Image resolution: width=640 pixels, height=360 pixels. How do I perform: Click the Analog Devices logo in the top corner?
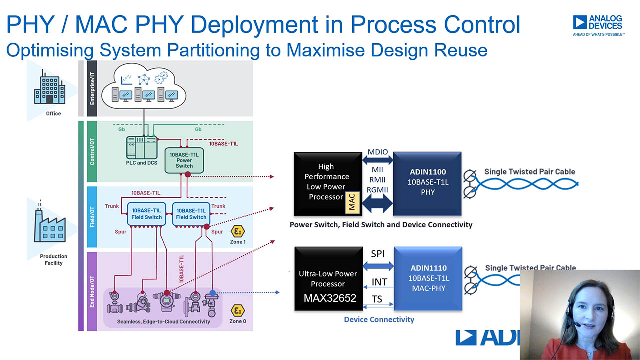(x=598, y=25)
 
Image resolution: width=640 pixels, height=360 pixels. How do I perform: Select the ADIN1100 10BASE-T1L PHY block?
(x=427, y=183)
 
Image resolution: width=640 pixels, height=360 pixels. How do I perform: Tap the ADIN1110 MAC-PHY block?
(x=428, y=278)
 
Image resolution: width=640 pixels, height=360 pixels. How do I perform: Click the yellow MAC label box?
(x=352, y=202)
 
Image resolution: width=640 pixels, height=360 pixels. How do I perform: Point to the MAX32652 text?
(x=330, y=298)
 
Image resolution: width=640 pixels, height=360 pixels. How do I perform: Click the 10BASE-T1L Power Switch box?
(x=184, y=160)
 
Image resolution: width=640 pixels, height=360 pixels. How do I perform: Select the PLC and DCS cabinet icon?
(x=142, y=147)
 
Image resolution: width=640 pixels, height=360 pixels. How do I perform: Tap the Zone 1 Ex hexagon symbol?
(x=237, y=231)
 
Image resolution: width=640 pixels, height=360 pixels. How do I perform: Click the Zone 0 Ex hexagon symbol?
(x=237, y=310)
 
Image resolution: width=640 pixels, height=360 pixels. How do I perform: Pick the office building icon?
(x=50, y=87)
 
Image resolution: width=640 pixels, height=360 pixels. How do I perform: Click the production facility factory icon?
(x=50, y=225)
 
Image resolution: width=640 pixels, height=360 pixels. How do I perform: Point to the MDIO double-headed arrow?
(x=377, y=160)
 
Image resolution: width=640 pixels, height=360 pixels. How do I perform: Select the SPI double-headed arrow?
(x=378, y=266)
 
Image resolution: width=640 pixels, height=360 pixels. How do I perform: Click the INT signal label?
(x=379, y=282)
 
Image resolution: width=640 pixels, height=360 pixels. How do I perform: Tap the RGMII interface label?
(x=377, y=190)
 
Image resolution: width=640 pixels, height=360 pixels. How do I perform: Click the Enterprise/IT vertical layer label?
(x=92, y=88)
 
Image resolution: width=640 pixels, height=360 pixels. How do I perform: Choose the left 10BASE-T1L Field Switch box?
(x=146, y=214)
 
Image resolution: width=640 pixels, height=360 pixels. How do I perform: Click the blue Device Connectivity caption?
(x=379, y=319)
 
